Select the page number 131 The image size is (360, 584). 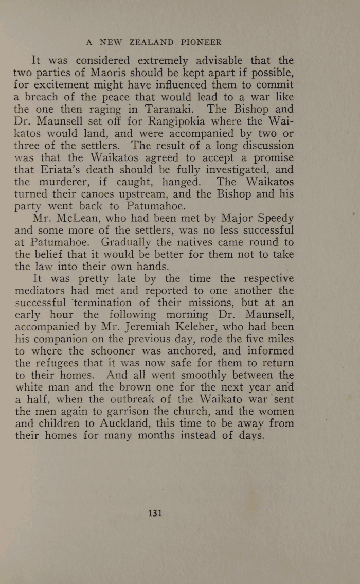click(x=155, y=513)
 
